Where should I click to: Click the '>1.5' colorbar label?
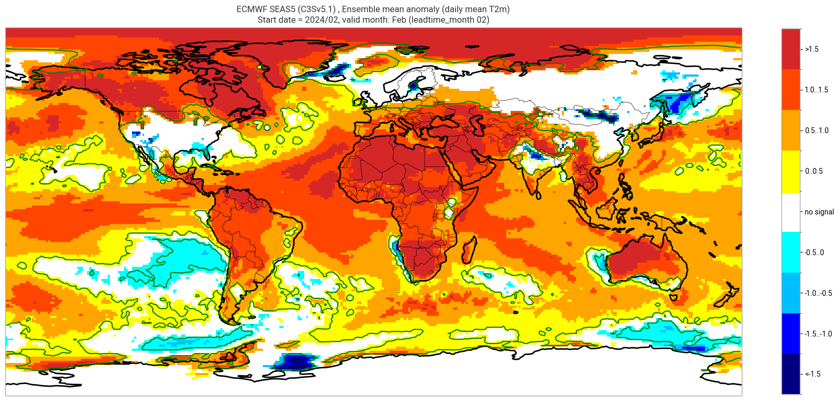pos(812,49)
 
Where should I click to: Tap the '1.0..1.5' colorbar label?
pos(816,90)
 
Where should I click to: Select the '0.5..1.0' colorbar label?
pos(816,130)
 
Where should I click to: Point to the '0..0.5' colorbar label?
pos(814,171)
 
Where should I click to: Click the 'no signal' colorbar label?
pos(819,212)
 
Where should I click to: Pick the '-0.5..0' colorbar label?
pos(814,253)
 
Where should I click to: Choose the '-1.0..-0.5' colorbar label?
pos(818,293)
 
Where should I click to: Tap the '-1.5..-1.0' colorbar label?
pos(818,334)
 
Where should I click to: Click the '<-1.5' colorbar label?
pos(813,374)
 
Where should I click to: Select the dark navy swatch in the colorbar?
pos(791,374)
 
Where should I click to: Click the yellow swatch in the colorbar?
pos(791,171)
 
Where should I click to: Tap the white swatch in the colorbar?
pos(791,212)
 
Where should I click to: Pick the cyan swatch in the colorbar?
pos(791,253)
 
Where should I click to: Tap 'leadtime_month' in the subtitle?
pos(447,20)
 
